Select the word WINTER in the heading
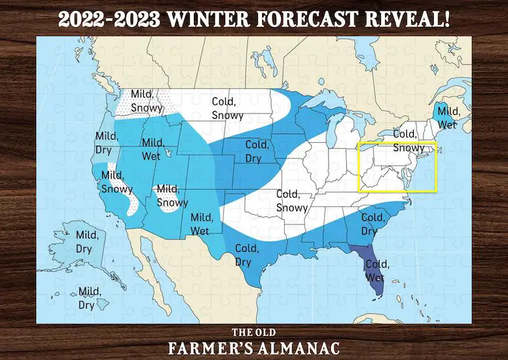[x=209, y=19]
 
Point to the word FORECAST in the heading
[x=306, y=19]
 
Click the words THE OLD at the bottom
[x=253, y=333]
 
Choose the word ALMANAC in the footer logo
[x=304, y=348]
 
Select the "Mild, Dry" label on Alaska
[x=87, y=241]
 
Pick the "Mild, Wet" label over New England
[x=448, y=118]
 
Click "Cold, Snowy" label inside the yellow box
[x=408, y=141]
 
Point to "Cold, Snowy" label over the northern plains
[x=227, y=108]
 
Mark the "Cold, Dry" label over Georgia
[x=373, y=224]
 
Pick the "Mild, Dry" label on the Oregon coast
[x=107, y=142]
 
